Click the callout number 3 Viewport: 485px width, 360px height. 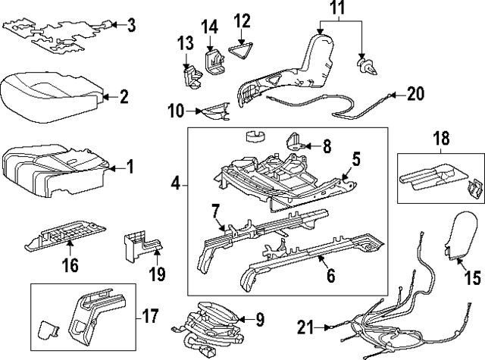pos(132,27)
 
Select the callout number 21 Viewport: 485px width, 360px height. pos(305,327)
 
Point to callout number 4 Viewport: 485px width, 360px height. pos(175,183)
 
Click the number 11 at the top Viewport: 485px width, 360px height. pos(336,11)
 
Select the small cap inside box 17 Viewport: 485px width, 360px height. pos(48,329)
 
